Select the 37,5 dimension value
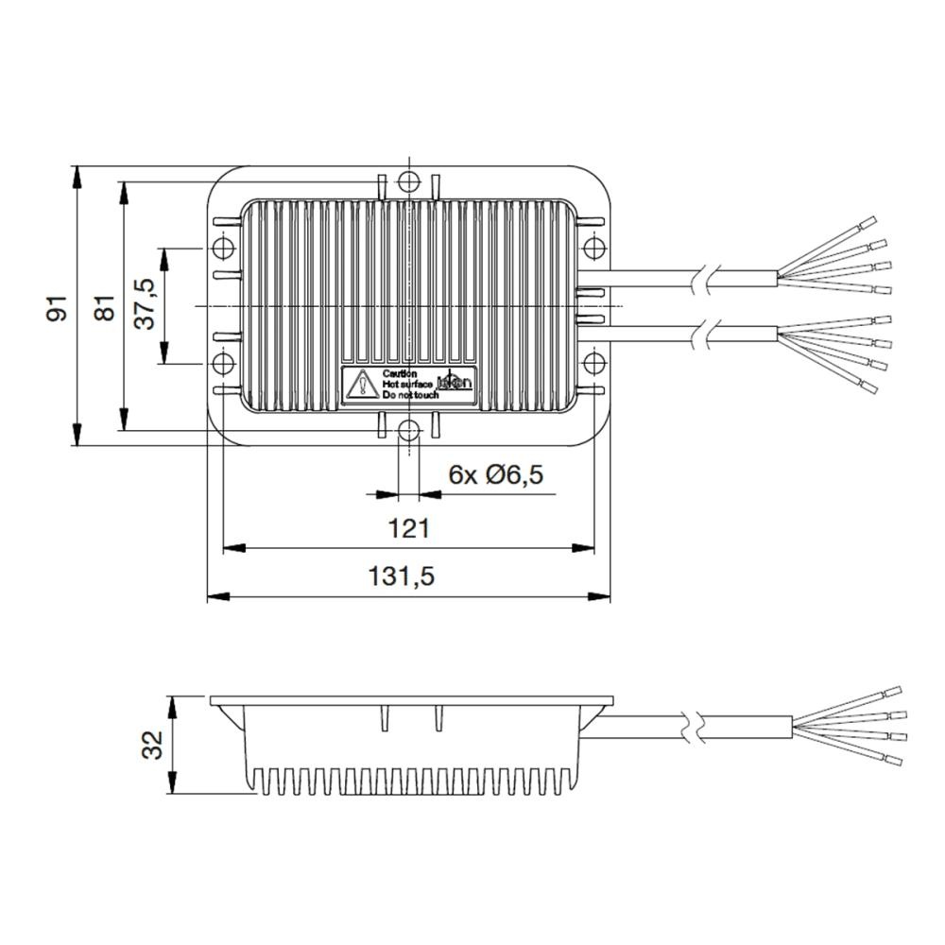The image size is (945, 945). click(145, 304)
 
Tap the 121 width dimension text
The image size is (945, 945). click(408, 528)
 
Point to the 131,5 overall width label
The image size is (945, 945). click(408, 576)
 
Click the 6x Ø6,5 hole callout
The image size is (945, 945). click(496, 474)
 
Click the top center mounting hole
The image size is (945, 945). click(408, 181)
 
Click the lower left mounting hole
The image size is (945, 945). click(223, 364)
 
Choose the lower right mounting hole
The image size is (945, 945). click(593, 364)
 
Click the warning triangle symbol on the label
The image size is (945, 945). click(361, 386)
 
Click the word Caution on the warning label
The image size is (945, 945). click(394, 374)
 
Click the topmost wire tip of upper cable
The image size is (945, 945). click(868, 225)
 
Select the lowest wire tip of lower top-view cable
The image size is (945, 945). click(868, 387)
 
